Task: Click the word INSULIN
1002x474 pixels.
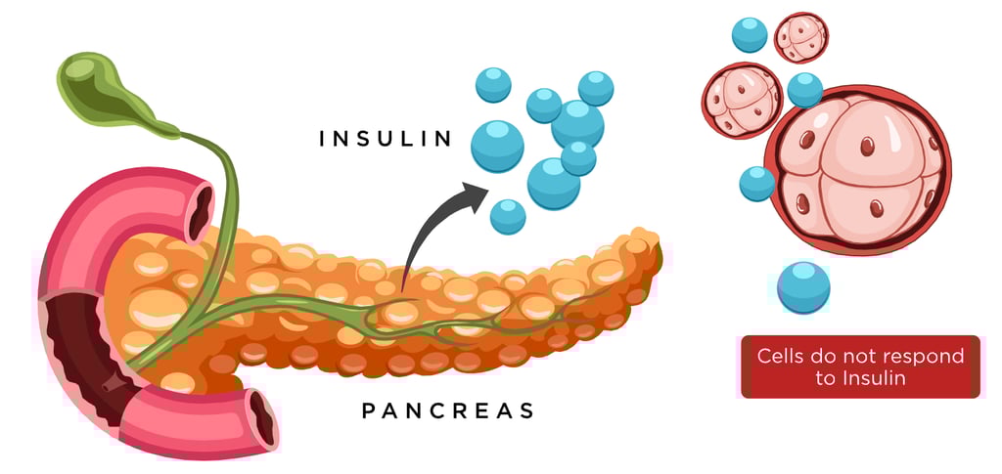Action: click(x=387, y=139)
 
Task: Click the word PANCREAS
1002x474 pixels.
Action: click(x=448, y=410)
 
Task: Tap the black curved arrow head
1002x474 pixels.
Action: click(x=477, y=195)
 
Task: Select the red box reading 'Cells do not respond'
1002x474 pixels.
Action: click(x=860, y=366)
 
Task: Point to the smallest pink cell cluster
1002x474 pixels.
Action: click(x=800, y=38)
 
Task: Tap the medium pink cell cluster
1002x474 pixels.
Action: click(x=741, y=100)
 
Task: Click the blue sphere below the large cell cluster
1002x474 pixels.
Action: click(x=803, y=287)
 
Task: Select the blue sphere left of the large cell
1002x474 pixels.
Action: click(x=756, y=184)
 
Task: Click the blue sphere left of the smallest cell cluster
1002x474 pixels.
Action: click(x=750, y=34)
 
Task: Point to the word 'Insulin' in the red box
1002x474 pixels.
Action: click(x=859, y=378)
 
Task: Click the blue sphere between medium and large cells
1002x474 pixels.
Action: click(x=805, y=90)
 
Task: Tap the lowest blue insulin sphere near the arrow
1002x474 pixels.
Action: click(x=507, y=216)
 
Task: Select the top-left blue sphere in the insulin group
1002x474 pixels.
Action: click(x=493, y=85)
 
